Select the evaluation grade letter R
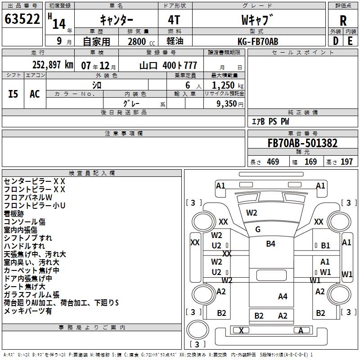343,21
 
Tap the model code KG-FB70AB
258,41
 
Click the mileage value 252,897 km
52,65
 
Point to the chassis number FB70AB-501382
302,144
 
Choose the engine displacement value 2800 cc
138,42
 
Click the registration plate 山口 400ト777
168,65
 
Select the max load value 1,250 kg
225,85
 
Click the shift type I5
13,94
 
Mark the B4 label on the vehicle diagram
270,244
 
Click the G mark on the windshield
257,229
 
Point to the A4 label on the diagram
282,296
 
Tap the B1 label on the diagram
325,246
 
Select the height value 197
346,162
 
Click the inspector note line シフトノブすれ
28,238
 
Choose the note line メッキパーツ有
28,311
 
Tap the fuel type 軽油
175,41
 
